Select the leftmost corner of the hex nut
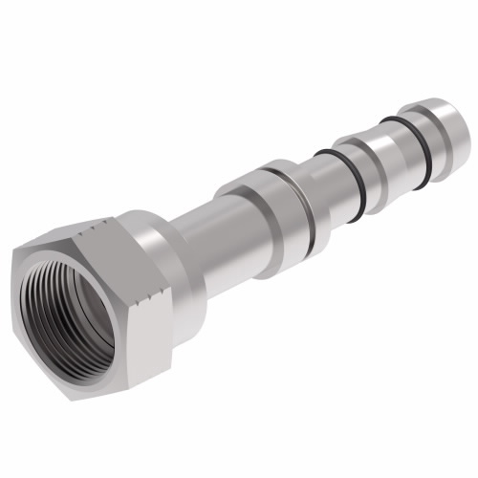(13, 252)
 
